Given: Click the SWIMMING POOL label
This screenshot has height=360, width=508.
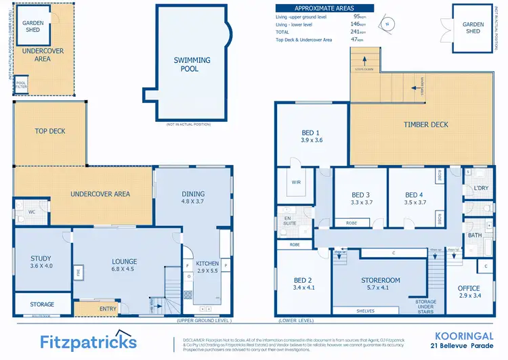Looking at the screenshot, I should pyautogui.click(x=192, y=64).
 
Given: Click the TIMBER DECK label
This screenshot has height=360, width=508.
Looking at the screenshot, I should pyautogui.click(x=426, y=125).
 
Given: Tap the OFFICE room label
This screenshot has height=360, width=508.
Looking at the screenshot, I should pyautogui.click(x=468, y=292).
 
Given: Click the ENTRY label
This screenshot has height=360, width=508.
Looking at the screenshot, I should pyautogui.click(x=108, y=309).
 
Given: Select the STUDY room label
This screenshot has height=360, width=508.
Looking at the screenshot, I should pyautogui.click(x=41, y=262).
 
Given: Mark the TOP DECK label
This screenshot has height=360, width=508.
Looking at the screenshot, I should pyautogui.click(x=50, y=131).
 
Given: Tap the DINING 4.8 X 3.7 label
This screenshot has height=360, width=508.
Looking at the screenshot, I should pyautogui.click(x=193, y=198).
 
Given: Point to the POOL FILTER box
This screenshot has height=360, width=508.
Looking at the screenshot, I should pyautogui.click(x=21, y=84).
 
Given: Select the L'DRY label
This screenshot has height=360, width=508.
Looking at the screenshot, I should pyautogui.click(x=481, y=187).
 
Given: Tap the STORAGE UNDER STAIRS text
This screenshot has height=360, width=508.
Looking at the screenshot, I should pyautogui.click(x=426, y=307).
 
